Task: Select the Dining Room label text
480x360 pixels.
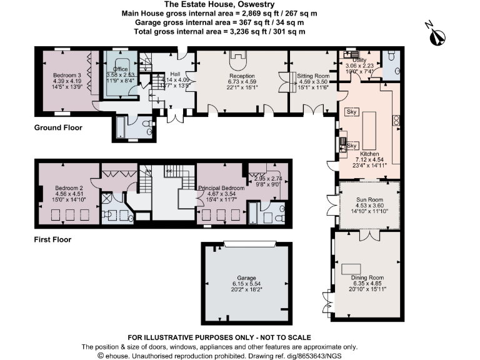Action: (x=367, y=277)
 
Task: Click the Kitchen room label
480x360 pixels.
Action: (x=369, y=154)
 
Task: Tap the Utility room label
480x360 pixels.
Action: (x=359, y=60)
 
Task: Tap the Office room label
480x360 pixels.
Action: (x=120, y=69)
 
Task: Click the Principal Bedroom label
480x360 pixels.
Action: (x=221, y=187)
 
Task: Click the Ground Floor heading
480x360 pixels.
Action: (x=57, y=127)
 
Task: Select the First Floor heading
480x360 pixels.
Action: (x=53, y=239)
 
